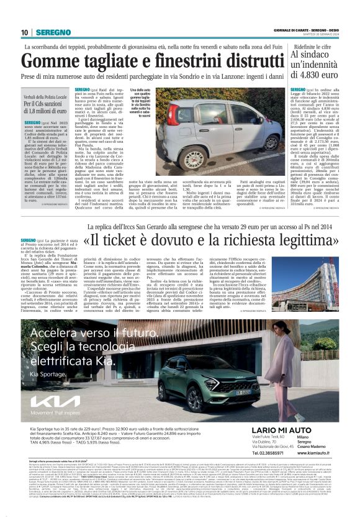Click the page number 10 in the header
click(24, 32)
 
